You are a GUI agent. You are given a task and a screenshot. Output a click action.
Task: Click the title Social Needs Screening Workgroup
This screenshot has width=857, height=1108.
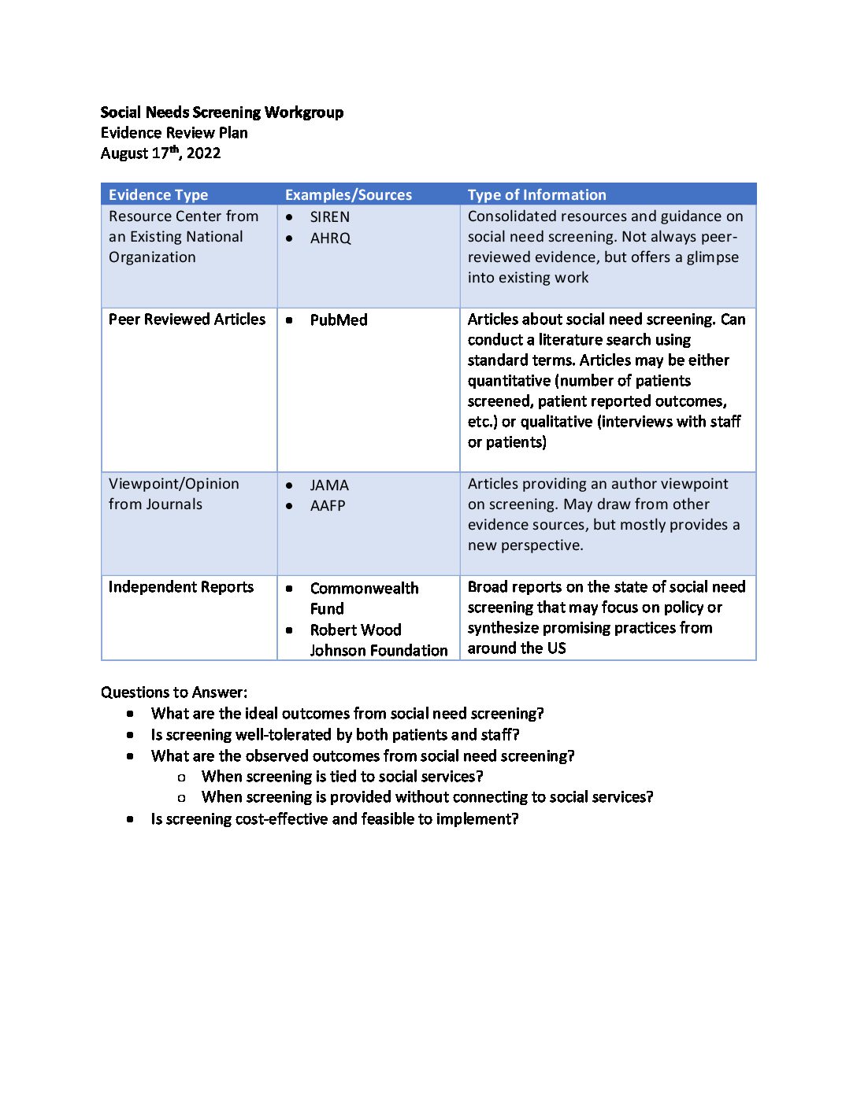(221, 113)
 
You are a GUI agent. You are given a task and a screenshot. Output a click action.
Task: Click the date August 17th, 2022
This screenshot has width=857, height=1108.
(161, 153)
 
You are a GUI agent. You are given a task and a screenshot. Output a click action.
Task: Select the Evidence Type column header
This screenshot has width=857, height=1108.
(158, 195)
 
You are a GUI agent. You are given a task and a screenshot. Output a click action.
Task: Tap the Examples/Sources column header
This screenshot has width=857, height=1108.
(348, 195)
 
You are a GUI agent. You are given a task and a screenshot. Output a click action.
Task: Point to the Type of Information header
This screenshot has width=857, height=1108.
(536, 195)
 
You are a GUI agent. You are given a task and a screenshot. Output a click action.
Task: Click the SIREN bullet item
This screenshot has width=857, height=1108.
(329, 217)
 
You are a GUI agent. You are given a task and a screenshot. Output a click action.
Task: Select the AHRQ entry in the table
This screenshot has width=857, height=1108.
(330, 238)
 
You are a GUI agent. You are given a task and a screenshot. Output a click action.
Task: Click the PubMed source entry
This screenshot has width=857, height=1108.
(339, 320)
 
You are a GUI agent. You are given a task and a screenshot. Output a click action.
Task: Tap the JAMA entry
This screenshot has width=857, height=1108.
(329, 486)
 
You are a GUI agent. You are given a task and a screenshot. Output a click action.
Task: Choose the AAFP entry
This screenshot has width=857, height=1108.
(328, 506)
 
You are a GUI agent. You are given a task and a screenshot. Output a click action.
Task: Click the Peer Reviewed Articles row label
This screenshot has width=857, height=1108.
(187, 319)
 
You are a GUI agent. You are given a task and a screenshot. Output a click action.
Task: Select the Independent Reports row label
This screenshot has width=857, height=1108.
(181, 587)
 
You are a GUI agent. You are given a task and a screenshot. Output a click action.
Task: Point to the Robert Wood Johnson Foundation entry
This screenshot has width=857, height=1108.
(377, 641)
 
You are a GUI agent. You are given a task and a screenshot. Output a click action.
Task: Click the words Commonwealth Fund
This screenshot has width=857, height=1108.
(363, 598)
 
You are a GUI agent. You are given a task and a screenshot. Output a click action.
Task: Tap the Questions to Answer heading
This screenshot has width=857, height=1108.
(174, 692)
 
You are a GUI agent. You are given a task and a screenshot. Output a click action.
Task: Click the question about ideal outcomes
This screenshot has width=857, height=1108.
(347, 714)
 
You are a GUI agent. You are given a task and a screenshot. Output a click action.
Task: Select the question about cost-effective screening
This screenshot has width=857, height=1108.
(335, 819)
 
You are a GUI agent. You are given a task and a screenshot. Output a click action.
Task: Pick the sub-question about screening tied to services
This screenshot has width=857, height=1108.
(342, 777)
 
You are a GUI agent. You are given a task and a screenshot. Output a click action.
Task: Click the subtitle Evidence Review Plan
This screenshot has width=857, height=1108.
(174, 133)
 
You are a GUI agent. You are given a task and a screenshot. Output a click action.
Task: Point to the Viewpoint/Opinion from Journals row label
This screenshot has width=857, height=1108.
(173, 494)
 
